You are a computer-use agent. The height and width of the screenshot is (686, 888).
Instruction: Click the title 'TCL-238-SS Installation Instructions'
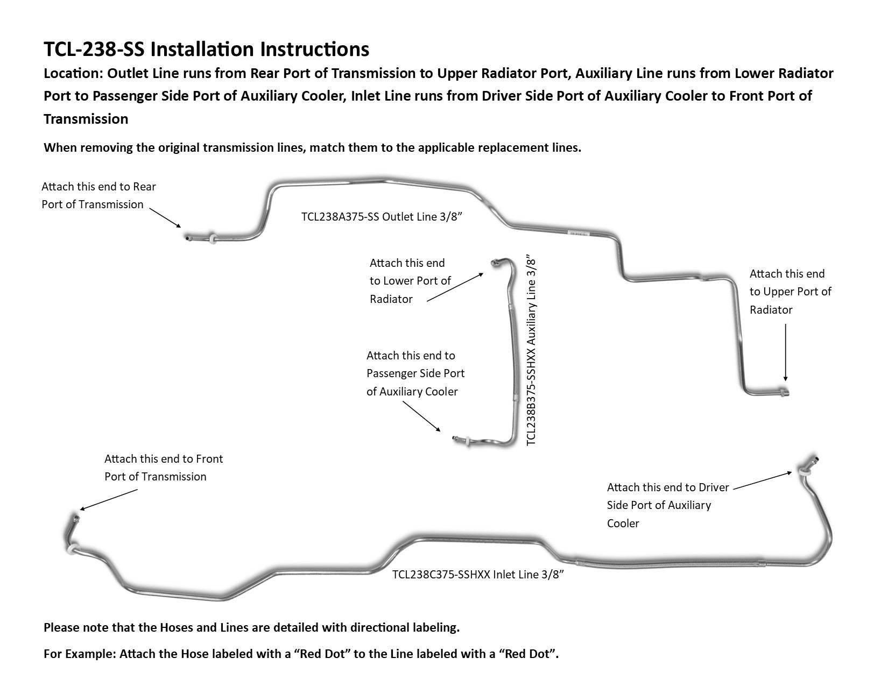point(206,49)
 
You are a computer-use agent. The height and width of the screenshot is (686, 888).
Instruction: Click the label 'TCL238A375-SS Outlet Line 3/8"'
point(382,217)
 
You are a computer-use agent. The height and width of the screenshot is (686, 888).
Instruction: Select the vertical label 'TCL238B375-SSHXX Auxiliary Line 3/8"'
point(531,350)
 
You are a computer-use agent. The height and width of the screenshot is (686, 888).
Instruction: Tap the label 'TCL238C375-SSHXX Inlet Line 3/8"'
point(478,575)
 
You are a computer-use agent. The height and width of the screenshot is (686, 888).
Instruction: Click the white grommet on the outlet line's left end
point(214,237)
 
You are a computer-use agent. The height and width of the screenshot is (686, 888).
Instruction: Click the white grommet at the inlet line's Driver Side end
point(804,472)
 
